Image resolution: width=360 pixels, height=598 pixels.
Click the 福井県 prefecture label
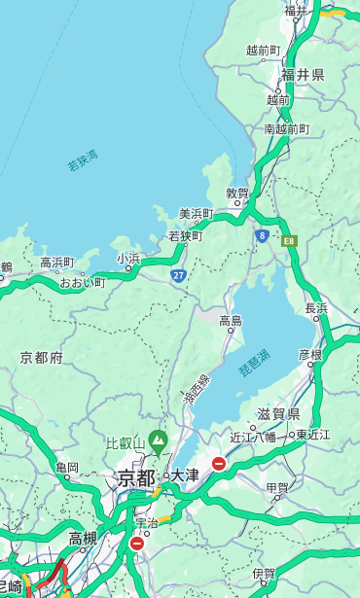[x=303, y=75]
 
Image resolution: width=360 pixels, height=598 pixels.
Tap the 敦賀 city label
[x=237, y=193]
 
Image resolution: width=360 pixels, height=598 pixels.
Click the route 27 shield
[x=178, y=275]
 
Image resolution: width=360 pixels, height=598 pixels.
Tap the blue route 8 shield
[x=262, y=235]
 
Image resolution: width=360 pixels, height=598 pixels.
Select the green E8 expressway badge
[x=289, y=240]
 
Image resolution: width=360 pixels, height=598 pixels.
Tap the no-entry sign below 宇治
[x=136, y=544]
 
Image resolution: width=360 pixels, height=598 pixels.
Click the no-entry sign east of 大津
[x=219, y=464]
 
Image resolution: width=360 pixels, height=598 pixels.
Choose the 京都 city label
[x=135, y=477]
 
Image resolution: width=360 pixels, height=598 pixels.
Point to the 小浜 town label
[x=128, y=258]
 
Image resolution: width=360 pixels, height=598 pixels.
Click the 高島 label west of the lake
[x=231, y=321]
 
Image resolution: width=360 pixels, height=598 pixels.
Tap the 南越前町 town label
[x=286, y=128]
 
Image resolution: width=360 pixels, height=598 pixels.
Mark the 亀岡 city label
[x=67, y=468]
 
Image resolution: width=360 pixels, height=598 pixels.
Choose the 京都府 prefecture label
[x=42, y=358]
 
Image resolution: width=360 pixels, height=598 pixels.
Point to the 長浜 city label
[x=316, y=308]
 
